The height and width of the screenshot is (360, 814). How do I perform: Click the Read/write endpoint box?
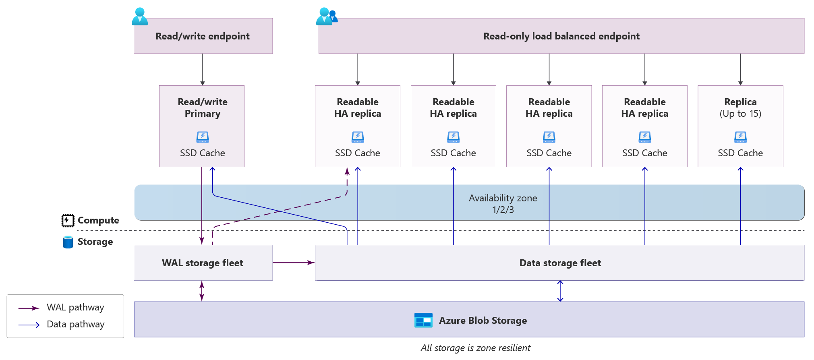coord(203,36)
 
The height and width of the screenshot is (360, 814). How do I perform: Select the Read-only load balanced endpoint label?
coord(561,36)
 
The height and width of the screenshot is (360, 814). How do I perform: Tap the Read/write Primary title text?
coord(203,108)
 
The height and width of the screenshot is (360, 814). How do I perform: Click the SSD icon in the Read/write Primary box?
coord(203,137)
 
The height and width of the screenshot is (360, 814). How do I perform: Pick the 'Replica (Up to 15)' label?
coord(740,108)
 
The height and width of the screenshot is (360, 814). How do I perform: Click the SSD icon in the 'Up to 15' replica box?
coord(740,137)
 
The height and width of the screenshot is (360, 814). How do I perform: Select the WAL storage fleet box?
coord(203,263)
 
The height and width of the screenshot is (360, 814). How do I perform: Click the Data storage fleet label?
coord(560,263)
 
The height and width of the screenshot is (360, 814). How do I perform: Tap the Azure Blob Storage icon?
coord(423,320)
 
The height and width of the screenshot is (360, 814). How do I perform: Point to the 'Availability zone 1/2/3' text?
coord(503,204)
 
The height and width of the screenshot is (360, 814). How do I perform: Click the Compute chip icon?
coord(68,220)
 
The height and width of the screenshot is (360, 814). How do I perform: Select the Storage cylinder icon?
coord(68,242)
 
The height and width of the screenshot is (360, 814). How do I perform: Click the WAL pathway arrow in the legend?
coord(29,308)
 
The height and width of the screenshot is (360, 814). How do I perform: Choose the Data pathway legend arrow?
coord(29,325)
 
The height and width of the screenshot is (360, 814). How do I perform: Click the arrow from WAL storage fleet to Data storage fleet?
coord(294,263)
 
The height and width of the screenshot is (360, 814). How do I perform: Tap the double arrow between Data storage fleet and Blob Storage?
coord(560,291)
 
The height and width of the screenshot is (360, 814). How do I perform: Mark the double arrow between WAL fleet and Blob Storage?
coord(202,291)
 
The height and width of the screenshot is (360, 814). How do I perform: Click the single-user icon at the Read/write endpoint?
coord(140,16)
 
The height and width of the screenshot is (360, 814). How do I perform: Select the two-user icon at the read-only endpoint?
coord(327,16)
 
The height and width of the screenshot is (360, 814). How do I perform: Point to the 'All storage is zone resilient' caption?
coord(475,348)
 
